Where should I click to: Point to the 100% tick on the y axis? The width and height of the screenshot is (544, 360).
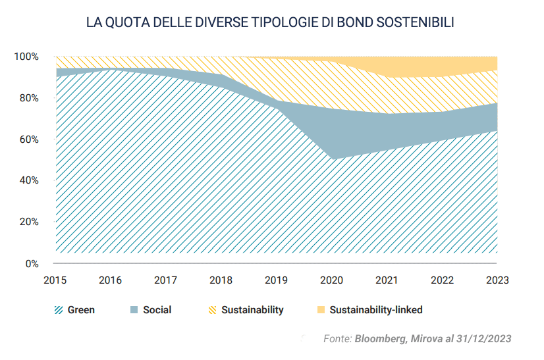(27, 57)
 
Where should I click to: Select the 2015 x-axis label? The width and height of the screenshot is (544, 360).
(55, 280)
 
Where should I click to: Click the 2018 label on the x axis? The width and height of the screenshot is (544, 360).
(221, 280)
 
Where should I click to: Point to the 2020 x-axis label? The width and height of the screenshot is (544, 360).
(331, 280)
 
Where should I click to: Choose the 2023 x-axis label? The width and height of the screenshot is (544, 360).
(497, 280)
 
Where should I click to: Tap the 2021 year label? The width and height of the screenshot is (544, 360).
(387, 280)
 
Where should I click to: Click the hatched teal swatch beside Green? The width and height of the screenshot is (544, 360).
(59, 310)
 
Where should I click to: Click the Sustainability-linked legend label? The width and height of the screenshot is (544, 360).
(375, 310)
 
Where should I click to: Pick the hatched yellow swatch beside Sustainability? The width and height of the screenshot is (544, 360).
(212, 310)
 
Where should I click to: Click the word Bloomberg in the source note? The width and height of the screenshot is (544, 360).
(379, 338)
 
